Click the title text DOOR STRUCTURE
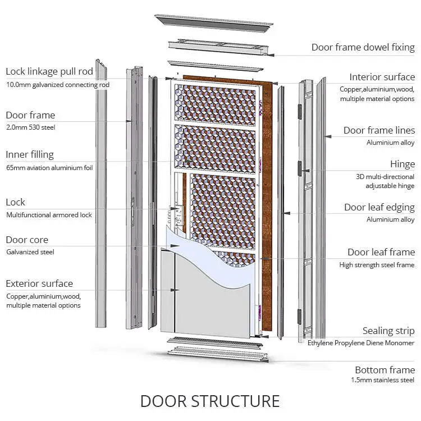210,401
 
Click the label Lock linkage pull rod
49,72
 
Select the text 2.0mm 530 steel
30,127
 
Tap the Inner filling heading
30,154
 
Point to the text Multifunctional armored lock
49,215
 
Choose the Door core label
27,240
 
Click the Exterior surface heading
39,283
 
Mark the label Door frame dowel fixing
363,47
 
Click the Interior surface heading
382,77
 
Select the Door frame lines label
379,130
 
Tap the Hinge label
402,164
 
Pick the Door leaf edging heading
379,207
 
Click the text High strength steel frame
377,265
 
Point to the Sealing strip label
388,331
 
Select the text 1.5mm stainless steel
382,381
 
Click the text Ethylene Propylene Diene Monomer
361,343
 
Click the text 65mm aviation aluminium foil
49,167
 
